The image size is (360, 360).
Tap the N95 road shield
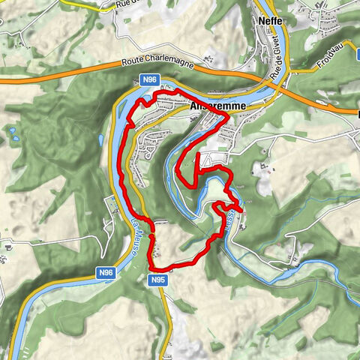156,280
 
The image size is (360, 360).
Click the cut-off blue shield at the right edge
357,114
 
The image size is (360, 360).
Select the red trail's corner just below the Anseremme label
226,117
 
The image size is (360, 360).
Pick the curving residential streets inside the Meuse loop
150,146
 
